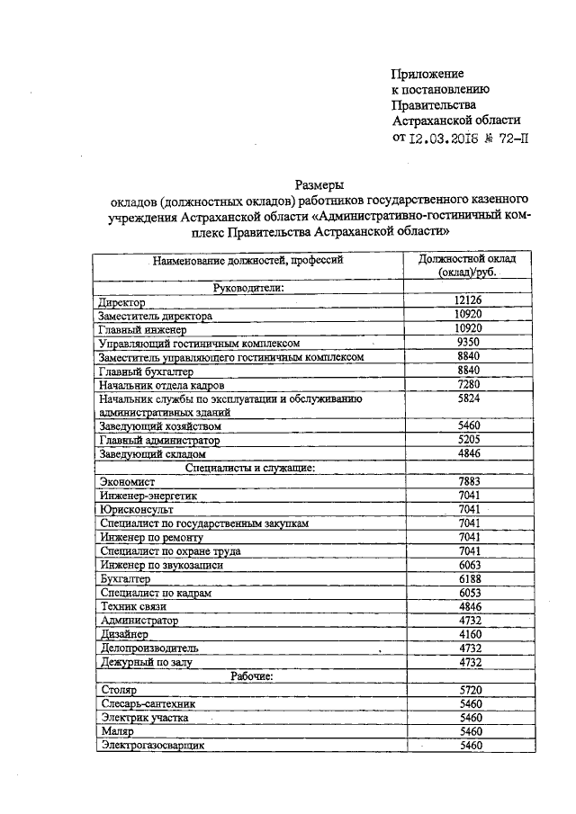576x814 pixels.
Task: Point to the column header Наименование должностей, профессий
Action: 247,262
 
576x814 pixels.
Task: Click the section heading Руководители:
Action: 247,288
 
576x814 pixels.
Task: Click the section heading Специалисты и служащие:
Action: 247,468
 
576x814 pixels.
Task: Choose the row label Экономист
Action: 125,482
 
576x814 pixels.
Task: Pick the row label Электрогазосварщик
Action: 154,746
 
